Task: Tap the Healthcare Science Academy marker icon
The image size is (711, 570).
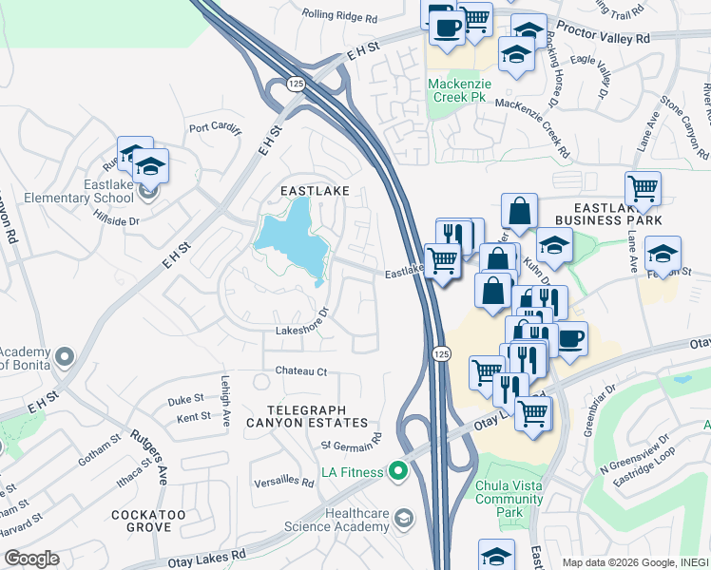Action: [404, 518]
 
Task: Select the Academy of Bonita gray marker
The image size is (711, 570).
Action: [64, 357]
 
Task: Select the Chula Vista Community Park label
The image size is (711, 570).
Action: [509, 498]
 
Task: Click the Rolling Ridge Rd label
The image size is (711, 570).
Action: [339, 15]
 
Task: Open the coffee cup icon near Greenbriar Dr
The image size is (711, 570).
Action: [571, 340]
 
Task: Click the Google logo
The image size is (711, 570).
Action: [31, 559]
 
